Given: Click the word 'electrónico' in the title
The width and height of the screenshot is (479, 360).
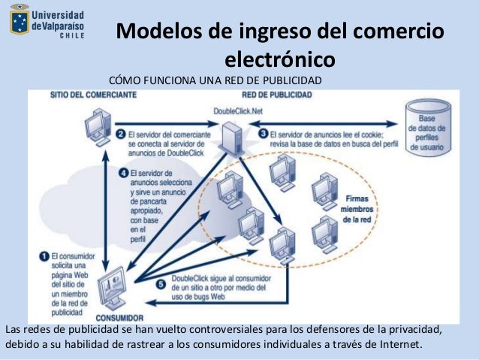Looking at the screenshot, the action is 279,59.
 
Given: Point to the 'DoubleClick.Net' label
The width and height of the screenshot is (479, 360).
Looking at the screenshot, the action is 239,110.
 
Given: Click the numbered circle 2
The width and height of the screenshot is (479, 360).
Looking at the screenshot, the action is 120,135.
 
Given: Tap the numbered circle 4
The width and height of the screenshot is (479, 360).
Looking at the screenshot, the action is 123,171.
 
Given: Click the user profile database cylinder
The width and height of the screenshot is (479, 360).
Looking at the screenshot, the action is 426,129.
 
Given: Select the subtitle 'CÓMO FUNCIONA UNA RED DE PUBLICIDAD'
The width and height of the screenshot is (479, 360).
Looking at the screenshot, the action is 215,80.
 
